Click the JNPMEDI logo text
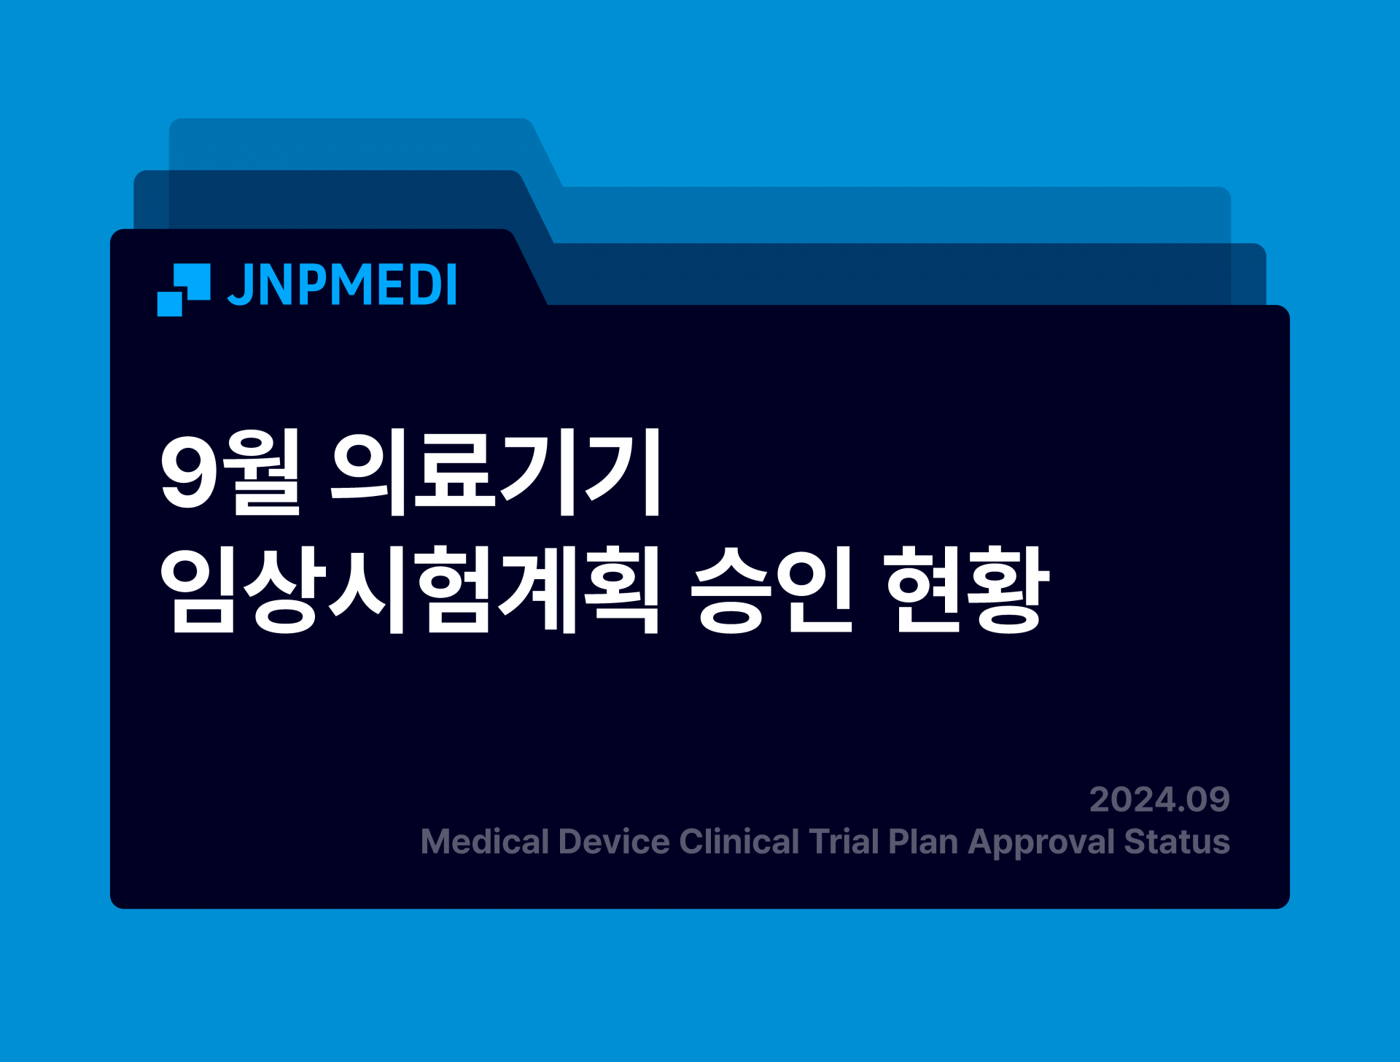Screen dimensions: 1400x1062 click(342, 284)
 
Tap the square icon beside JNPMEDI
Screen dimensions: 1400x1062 click(184, 290)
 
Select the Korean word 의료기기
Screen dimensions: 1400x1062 click(496, 471)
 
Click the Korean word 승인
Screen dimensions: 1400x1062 click(771, 589)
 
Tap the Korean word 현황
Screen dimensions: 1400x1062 click(967, 589)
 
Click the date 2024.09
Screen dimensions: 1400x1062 click(1159, 799)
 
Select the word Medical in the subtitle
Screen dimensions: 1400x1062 click(484, 842)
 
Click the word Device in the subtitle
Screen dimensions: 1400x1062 click(614, 842)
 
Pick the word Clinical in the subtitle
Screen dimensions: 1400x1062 click(739, 842)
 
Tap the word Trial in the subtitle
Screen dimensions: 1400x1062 click(844, 842)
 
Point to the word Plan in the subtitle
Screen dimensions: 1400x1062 click(923, 842)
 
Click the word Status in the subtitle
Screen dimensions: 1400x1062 click(1177, 842)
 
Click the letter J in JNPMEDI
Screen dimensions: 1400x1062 click(240, 285)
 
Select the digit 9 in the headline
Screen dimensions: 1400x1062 click(190, 473)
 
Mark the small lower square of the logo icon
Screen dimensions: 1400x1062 click(169, 304)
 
